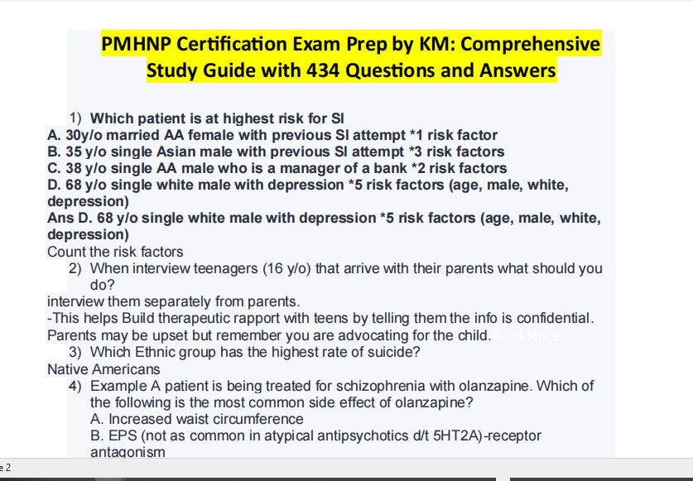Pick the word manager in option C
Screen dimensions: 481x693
[x=312, y=168]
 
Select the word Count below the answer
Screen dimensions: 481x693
[x=65, y=252]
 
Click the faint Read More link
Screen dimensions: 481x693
[x=526, y=335]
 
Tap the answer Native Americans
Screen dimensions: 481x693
[x=103, y=369]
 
